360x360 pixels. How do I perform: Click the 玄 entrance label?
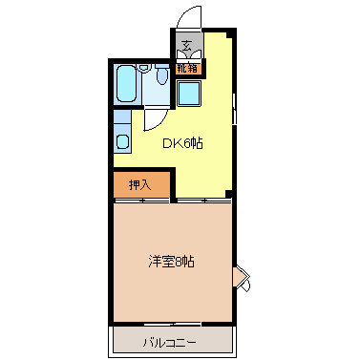coord(187,45)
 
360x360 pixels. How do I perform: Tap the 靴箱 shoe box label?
coord(187,67)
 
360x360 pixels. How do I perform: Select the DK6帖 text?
coord(181,143)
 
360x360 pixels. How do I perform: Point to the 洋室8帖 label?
coord(172,260)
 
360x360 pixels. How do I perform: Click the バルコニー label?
coord(171,341)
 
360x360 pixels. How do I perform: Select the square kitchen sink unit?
coord(189,95)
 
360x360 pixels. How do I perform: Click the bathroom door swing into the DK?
coord(153,117)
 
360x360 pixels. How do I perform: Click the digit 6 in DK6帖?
coord(190,143)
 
